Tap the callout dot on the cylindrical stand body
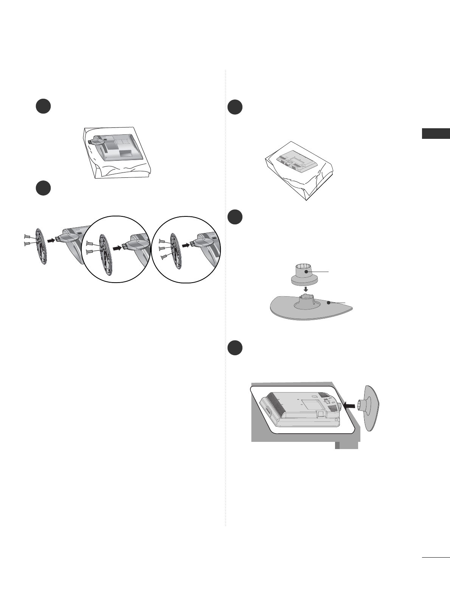(x=307, y=271)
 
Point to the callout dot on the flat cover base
(x=329, y=303)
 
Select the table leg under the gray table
(x=346, y=446)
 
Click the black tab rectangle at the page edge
(x=436, y=134)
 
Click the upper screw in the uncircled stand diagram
(x=27, y=236)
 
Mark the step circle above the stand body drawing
(x=235, y=217)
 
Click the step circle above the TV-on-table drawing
(x=235, y=348)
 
